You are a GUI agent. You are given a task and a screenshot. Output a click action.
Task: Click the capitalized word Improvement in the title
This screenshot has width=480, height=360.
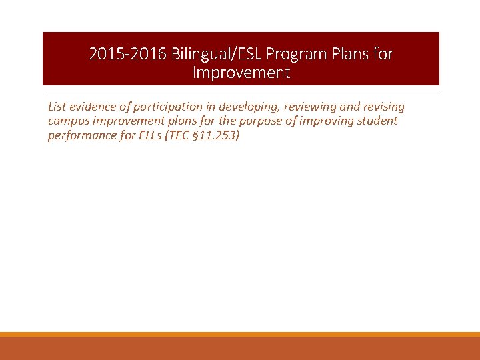(241, 73)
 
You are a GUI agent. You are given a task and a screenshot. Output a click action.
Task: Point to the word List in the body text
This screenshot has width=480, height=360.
(57, 107)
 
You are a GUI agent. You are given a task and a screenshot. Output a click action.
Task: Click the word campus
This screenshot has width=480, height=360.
(68, 121)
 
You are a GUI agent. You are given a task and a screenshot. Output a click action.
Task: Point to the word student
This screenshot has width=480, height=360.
(379, 121)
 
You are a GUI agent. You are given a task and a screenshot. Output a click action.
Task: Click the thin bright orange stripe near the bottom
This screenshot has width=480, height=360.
(240, 334)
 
